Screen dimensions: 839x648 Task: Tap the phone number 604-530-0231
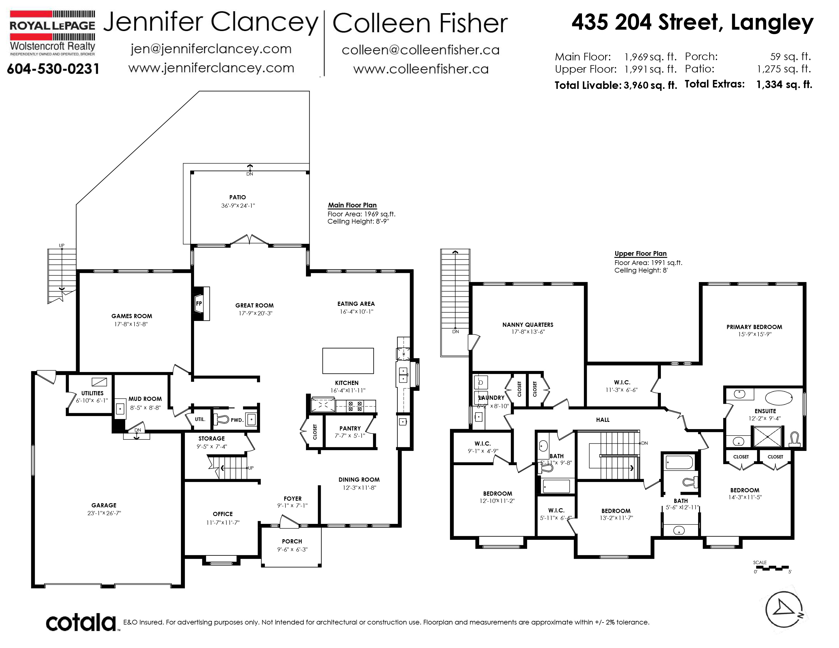click(x=53, y=69)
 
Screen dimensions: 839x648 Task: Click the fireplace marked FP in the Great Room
click(x=200, y=304)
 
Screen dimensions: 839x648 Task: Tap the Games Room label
click(x=132, y=316)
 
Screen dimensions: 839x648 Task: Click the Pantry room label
click(x=350, y=429)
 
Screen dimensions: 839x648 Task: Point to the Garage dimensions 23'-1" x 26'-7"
click(x=104, y=513)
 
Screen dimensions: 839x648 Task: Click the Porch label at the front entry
click(x=292, y=541)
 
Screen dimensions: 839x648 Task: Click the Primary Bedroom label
click(x=754, y=327)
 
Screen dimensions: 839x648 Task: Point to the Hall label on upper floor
click(x=603, y=420)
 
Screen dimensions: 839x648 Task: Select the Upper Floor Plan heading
click(x=640, y=254)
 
